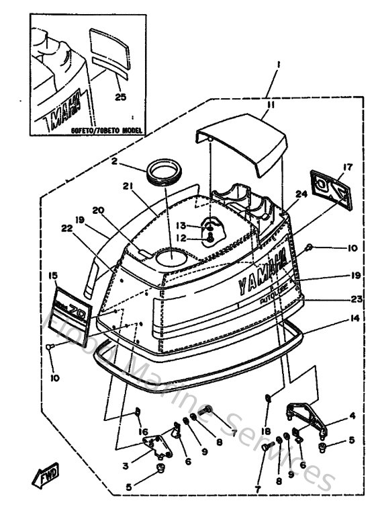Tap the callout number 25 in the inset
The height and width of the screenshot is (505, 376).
(x=120, y=97)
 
